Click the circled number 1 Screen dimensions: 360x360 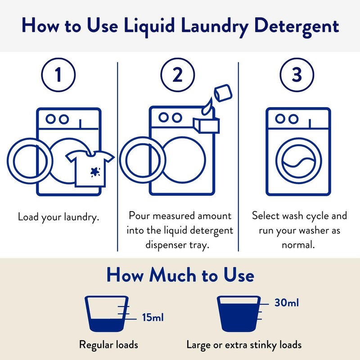tap(58, 76)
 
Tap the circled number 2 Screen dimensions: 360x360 tap(178, 76)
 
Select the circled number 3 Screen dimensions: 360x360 tap(296, 76)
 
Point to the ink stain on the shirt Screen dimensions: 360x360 tap(95, 171)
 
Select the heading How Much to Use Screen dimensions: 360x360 tap(180, 275)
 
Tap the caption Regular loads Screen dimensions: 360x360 tap(108, 345)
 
